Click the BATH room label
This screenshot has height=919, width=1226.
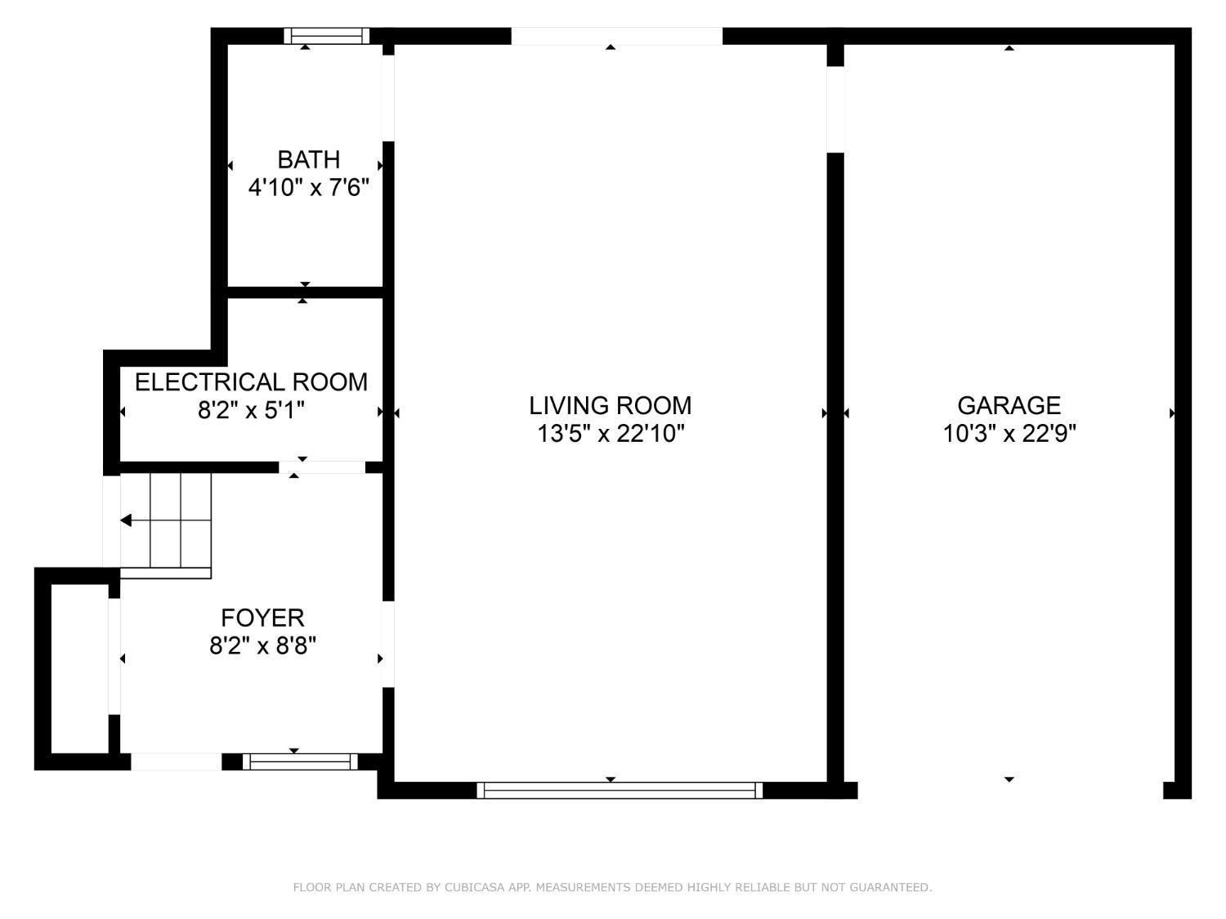(x=308, y=159)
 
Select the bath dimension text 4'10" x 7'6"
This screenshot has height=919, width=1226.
(x=308, y=188)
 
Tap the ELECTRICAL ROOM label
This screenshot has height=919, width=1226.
(x=251, y=382)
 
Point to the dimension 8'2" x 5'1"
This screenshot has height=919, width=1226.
(x=251, y=410)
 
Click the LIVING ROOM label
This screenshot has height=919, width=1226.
(x=610, y=405)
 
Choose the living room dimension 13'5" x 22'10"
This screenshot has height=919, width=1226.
(x=610, y=434)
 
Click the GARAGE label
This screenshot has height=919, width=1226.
(x=1009, y=405)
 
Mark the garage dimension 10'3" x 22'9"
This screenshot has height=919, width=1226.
(x=1009, y=434)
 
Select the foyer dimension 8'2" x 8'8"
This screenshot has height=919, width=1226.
(x=262, y=646)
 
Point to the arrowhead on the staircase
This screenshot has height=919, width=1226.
(x=127, y=520)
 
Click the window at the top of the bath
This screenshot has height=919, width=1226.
(x=326, y=36)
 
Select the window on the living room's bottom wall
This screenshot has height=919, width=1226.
(x=620, y=790)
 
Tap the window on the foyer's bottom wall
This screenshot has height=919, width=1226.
(x=301, y=762)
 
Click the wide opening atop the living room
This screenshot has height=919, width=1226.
(x=616, y=36)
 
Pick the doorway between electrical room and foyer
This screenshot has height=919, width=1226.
(x=322, y=467)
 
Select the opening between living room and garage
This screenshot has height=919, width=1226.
(x=834, y=109)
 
